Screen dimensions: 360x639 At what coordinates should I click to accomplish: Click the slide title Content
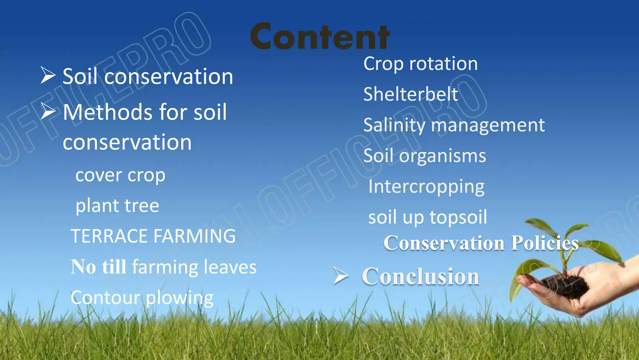pos(320,37)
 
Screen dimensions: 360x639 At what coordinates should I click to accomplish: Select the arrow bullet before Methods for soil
pos(48,111)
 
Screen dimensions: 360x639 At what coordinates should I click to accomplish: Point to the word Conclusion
pos(420,277)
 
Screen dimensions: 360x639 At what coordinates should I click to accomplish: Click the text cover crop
pos(120,175)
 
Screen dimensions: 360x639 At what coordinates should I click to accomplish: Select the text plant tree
pos(117,206)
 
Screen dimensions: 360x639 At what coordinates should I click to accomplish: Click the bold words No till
pos(98,267)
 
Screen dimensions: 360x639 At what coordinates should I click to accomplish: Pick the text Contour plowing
pos(142,298)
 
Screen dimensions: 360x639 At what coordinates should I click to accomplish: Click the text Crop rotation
pos(420,64)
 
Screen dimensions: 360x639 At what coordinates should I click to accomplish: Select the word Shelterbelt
pos(411,94)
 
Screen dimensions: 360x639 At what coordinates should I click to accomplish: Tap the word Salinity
pos(394,125)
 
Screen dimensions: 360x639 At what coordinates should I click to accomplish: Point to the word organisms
pos(442,156)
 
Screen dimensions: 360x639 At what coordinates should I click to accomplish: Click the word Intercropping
pos(426,187)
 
